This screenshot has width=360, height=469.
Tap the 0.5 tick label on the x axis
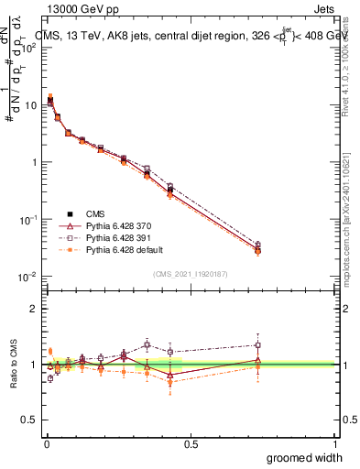(x=191, y=443)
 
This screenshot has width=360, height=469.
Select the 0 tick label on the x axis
(x=46, y=443)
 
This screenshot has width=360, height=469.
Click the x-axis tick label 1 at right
(x=334, y=443)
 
